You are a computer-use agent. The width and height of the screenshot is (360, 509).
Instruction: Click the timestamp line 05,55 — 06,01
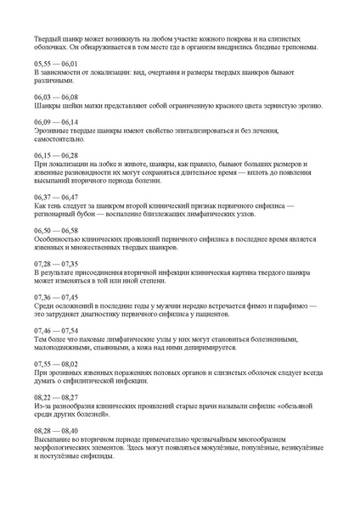point(55,64)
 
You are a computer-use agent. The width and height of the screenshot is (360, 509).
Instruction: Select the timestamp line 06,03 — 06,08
point(55,98)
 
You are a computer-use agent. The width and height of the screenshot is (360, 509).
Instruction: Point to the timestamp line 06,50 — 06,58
point(55,230)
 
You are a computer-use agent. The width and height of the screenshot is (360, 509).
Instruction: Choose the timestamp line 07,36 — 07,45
point(55,297)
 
